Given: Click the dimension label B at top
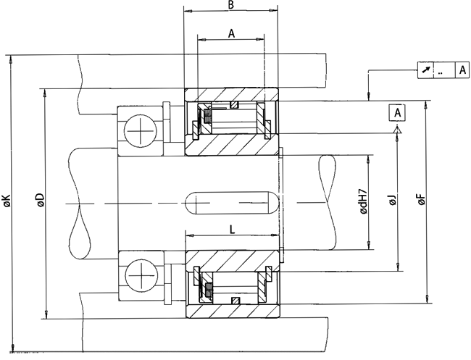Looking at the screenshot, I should click(230, 5).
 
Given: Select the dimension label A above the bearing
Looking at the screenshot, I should click(231, 33).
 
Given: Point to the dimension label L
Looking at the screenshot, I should click(231, 230).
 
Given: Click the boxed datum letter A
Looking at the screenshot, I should click(397, 112).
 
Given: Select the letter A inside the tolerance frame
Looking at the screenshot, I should click(462, 70).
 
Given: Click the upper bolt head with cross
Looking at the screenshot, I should click(138, 133).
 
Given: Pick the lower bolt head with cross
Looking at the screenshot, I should click(138, 275).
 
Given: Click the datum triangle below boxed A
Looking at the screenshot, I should click(397, 129).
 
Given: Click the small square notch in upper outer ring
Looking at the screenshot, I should click(233, 106).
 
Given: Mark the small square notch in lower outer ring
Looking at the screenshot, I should click(233, 301).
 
